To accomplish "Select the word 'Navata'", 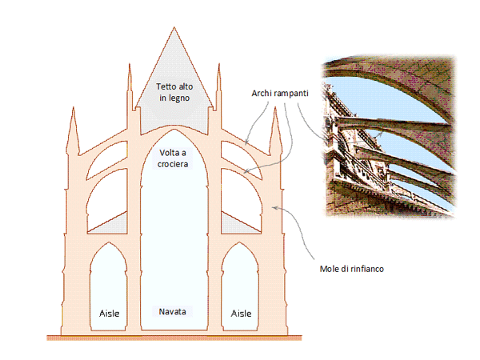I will pyautogui.click(x=172, y=310).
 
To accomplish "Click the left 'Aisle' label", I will pyautogui.click(x=110, y=312).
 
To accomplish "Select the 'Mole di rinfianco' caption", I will pyautogui.click(x=346, y=269).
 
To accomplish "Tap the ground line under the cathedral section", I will pyautogui.click(x=174, y=337).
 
